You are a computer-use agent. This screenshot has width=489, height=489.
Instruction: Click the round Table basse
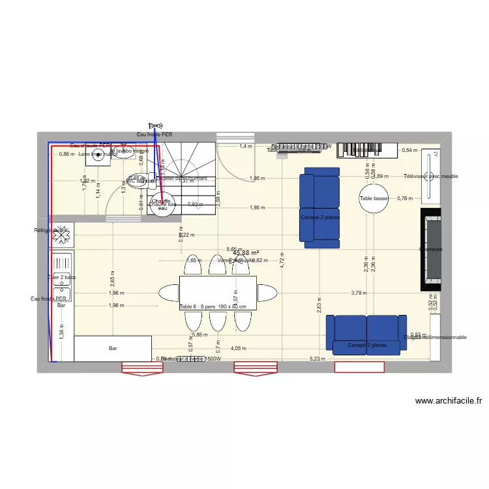374,199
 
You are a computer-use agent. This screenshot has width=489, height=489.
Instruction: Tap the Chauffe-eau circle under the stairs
162,203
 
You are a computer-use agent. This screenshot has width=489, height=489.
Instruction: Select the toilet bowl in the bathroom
136,181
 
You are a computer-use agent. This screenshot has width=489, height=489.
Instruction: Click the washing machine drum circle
98,154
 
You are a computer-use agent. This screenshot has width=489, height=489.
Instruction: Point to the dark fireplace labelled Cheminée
431,249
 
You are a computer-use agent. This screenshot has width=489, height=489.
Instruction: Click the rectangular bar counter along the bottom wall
113,349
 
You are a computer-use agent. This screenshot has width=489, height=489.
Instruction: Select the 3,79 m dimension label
358,293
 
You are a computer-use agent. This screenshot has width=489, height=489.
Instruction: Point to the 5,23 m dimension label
316,359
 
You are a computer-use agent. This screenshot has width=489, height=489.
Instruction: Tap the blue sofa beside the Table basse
319,207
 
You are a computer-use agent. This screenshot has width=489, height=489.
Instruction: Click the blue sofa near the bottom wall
367,334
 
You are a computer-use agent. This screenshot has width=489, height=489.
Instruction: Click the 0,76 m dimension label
406,199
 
